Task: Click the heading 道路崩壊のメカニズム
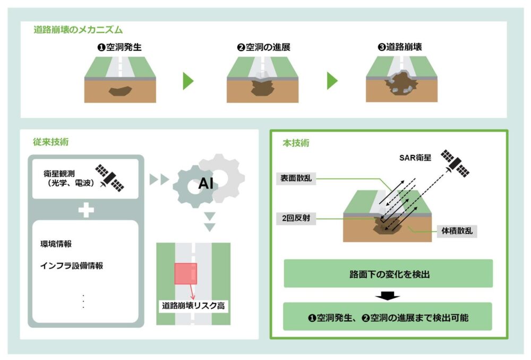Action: tap(79, 30)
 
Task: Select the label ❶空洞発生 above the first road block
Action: tap(119, 47)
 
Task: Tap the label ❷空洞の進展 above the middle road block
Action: tap(263, 47)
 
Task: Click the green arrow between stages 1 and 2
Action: tap(188, 81)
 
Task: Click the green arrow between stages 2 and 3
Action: tap(332, 81)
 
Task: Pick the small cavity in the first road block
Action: tap(120, 91)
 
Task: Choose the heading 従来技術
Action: tap(50, 142)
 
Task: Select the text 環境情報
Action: tap(56, 244)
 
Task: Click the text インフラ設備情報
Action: tap(72, 265)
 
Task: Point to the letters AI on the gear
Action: tap(206, 184)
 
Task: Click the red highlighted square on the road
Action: tap(185, 273)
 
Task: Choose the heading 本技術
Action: tap(294, 143)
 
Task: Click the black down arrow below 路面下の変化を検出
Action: tap(388, 295)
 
